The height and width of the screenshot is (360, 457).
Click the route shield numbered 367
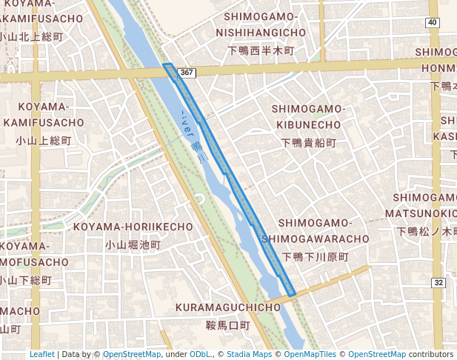pyautogui.click(x=187, y=73)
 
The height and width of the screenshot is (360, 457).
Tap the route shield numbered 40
pyautogui.click(x=432, y=23)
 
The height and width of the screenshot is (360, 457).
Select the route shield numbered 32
pyautogui.click(x=438, y=283)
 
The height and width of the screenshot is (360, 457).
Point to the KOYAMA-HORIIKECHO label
pyautogui.click(x=133, y=226)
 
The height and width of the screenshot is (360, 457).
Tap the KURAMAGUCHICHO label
pyautogui.click(x=227, y=307)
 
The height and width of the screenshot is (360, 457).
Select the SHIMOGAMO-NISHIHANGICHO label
pyautogui.click(x=261, y=24)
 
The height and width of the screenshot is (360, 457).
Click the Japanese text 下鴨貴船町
pyautogui.click(x=308, y=142)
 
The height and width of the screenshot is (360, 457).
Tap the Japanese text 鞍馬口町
pyautogui.click(x=227, y=325)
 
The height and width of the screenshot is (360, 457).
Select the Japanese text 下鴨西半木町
pyautogui.click(x=261, y=51)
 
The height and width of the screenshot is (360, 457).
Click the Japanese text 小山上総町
pyautogui.click(x=44, y=140)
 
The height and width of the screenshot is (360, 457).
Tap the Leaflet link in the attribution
pyautogui.click(x=42, y=354)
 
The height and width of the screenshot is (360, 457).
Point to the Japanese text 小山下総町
pyautogui.click(x=26, y=281)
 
